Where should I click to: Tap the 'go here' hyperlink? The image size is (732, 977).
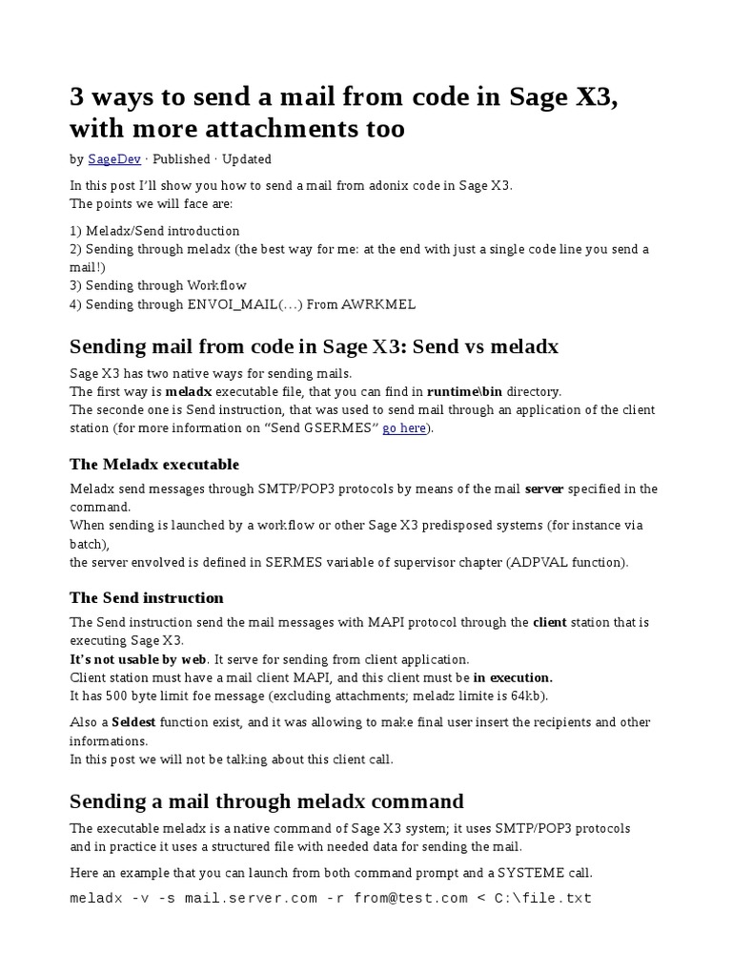404,428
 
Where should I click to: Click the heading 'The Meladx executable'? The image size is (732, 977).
154,465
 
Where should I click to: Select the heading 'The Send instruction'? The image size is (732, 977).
147,598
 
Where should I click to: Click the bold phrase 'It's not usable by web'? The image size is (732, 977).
138,659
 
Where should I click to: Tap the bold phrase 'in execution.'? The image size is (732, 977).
513,677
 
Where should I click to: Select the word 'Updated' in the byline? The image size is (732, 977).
246,159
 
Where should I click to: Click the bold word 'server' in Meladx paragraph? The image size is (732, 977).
544,489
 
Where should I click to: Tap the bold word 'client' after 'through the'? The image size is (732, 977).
550,622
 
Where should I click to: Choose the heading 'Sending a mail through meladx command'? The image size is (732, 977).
267,800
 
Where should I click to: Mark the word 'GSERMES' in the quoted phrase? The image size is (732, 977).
342,428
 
